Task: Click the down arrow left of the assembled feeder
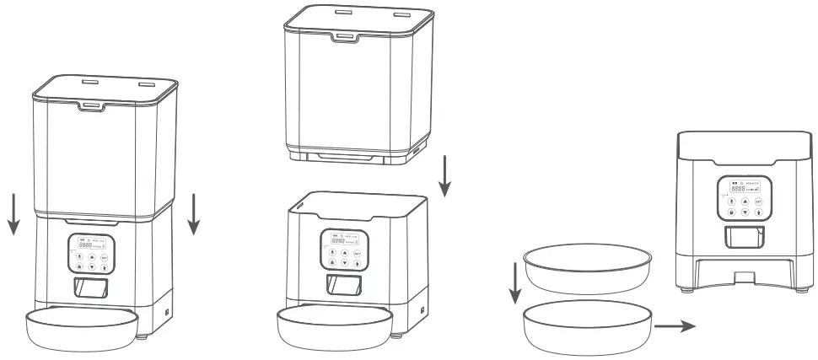coord(13,215)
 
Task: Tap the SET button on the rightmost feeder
coord(758,202)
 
